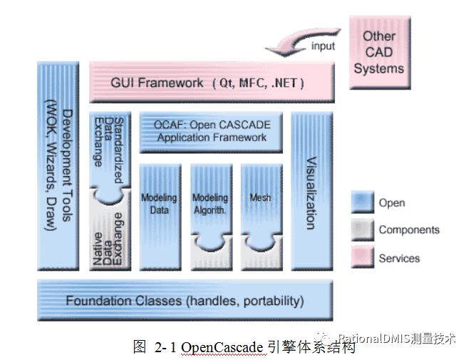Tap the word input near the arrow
click(x=322, y=47)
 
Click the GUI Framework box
click(x=211, y=83)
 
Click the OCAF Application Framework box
click(x=211, y=131)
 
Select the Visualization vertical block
click(x=311, y=189)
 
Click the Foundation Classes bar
click(x=185, y=301)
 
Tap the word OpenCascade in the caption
click(x=222, y=347)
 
